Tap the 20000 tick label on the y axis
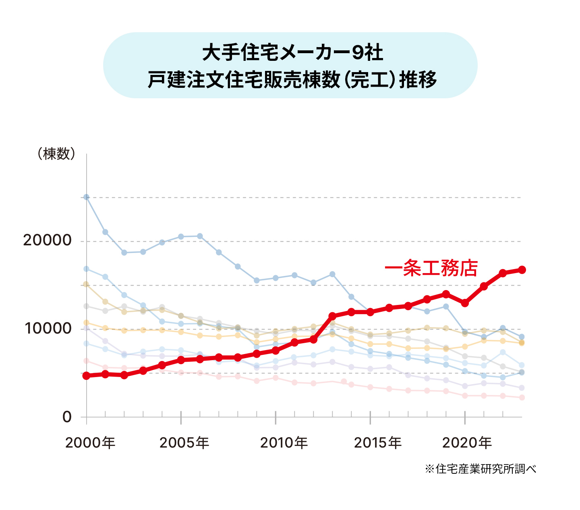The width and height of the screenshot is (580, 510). click(x=47, y=240)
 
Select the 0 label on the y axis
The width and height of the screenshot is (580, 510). click(x=67, y=417)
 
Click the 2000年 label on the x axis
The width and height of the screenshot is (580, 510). click(x=90, y=443)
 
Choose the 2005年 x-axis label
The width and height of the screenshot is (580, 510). click(x=184, y=443)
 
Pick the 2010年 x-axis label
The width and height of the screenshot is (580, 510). click(x=284, y=443)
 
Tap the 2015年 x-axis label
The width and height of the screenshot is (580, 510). click(x=378, y=443)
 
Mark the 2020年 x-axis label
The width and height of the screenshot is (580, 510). click(x=467, y=443)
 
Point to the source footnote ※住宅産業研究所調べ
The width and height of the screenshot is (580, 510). click(x=481, y=469)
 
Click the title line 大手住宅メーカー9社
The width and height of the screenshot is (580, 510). click(x=292, y=53)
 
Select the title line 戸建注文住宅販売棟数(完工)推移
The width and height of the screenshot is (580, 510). click(x=292, y=79)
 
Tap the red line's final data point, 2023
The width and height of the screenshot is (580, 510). click(x=522, y=270)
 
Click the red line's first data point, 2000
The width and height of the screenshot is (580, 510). click(x=86, y=375)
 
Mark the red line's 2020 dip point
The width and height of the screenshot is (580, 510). click(x=465, y=303)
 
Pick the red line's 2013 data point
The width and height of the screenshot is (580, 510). click(x=332, y=316)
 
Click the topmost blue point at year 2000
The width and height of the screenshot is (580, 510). click(x=86, y=197)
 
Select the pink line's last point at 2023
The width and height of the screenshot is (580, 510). click(x=522, y=398)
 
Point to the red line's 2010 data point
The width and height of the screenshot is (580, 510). click(x=275, y=350)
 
